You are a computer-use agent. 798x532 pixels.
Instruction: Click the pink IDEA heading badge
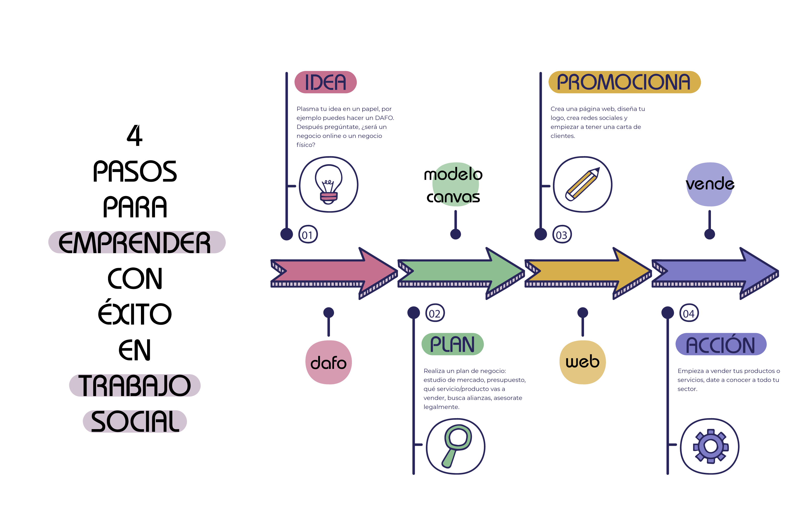pyautogui.click(x=326, y=82)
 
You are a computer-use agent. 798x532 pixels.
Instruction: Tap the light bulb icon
pyautogui.click(x=328, y=184)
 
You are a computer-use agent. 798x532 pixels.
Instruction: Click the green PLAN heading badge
pyautogui.click(x=452, y=344)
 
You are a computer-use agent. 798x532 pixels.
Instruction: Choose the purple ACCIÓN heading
pyautogui.click(x=721, y=344)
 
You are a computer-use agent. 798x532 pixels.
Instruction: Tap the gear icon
pyautogui.click(x=710, y=446)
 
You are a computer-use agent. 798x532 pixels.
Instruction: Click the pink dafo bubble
pyautogui.click(x=329, y=362)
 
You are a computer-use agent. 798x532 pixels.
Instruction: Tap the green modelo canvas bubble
pyautogui.click(x=455, y=184)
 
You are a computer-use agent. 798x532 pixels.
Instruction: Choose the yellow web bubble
pyautogui.click(x=582, y=362)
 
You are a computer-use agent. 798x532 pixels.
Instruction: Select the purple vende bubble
pyautogui.click(x=709, y=184)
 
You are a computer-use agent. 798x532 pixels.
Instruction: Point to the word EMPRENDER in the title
pyautogui.click(x=135, y=242)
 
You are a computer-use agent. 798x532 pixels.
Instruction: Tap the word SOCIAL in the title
pyautogui.click(x=135, y=421)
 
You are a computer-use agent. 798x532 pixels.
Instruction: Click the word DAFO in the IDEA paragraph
pyautogui.click(x=384, y=118)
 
